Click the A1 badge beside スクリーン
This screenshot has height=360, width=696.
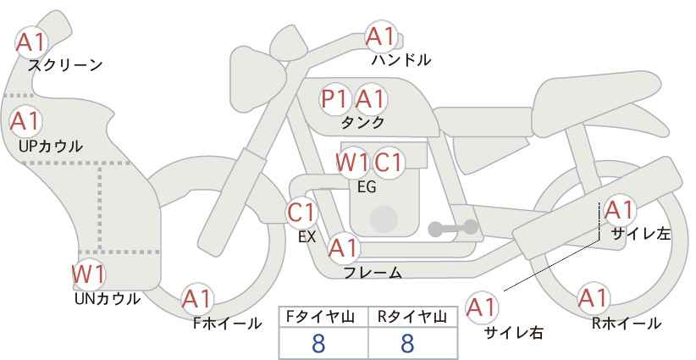point(31,42)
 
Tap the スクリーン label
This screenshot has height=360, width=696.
point(65,66)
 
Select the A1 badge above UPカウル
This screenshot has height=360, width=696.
point(25,121)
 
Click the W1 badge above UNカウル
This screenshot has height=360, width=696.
point(88,274)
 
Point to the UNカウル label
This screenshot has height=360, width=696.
point(107,299)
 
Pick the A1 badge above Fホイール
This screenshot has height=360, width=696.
point(197,299)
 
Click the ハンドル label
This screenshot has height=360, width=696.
point(401,60)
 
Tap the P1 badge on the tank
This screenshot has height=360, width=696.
point(334,99)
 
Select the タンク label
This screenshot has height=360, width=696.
point(362,122)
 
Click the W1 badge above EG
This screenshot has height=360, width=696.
point(352,163)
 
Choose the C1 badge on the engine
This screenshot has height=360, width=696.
point(388,163)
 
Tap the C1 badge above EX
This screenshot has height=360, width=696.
point(301,213)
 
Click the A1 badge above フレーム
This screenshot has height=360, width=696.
point(343,247)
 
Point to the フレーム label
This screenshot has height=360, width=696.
point(373,273)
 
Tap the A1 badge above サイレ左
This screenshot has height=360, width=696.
point(619,210)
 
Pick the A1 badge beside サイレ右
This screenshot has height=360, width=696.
point(482,307)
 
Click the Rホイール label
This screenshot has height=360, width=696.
point(627,324)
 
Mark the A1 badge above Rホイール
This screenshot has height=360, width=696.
point(593,298)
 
